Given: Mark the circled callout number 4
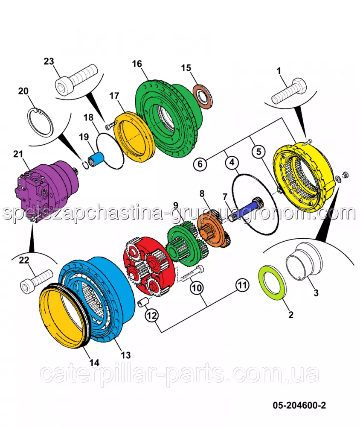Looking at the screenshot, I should (x=231, y=163).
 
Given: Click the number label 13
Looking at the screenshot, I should (x=125, y=355).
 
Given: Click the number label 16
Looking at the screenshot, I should (x=136, y=64).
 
